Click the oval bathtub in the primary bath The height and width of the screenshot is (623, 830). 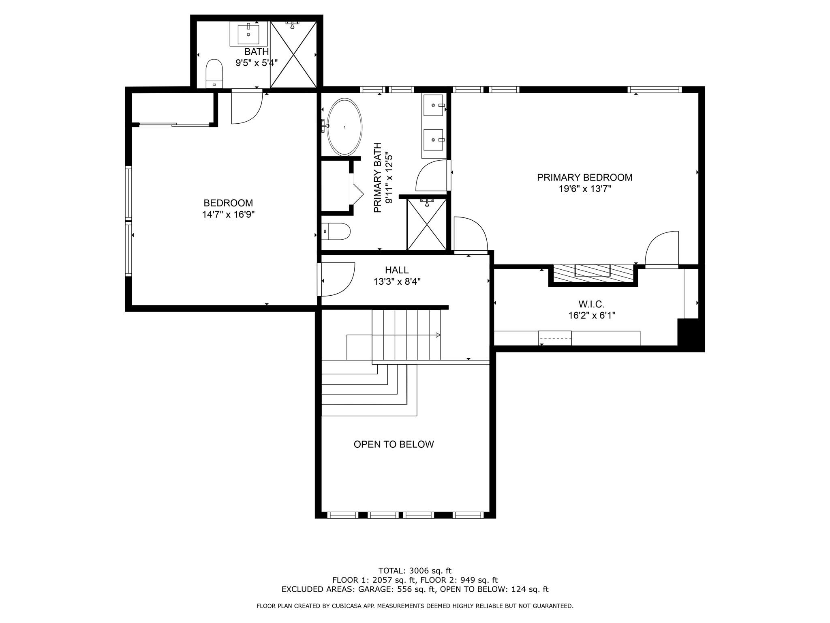(344, 127)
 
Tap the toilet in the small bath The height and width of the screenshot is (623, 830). (214, 74)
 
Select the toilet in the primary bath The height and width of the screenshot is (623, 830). (336, 231)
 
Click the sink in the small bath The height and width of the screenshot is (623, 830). (248, 34)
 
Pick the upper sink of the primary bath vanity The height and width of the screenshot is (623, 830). (434, 105)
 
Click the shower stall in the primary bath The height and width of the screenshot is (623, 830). (426, 224)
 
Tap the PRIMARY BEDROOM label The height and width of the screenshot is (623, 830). (584, 177)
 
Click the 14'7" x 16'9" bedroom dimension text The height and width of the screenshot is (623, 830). (229, 215)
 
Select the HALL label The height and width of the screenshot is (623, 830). (397, 270)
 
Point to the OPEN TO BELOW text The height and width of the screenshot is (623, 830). (394, 444)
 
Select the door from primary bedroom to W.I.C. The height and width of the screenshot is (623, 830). (662, 249)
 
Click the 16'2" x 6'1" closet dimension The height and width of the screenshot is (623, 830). (592, 316)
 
